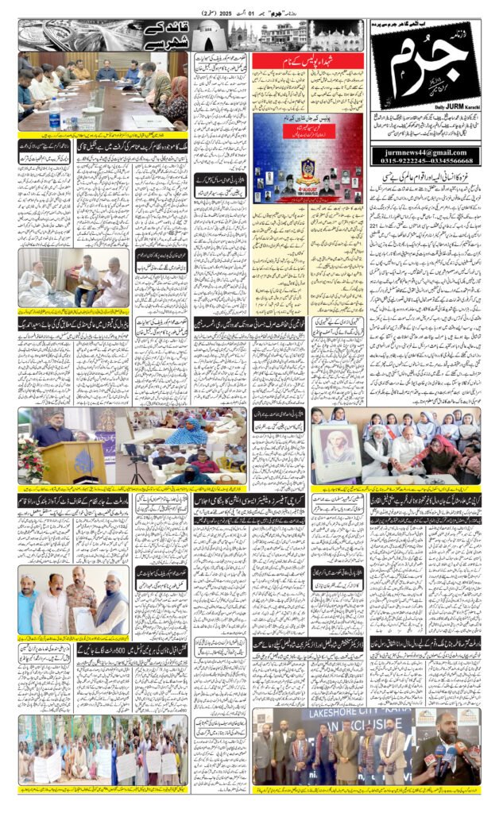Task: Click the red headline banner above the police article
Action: [x=308, y=60]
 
